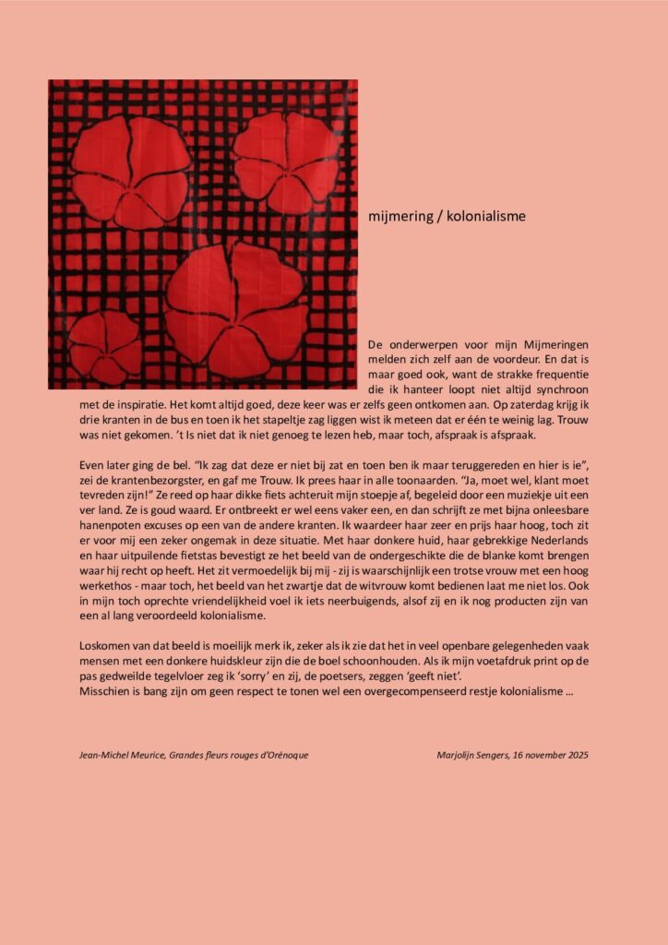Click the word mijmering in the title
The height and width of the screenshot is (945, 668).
(396, 216)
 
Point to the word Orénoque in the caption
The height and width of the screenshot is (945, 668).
(282, 755)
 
